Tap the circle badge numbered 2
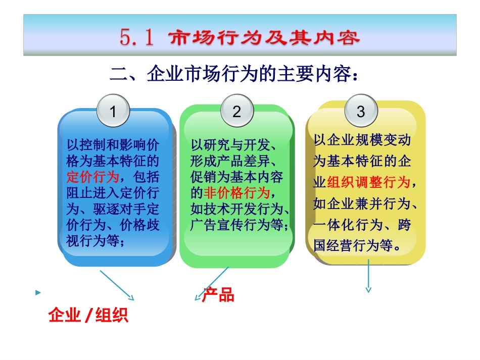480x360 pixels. coord(236,112)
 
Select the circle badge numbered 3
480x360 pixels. coord(360,112)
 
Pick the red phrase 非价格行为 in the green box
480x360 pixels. coord(237,192)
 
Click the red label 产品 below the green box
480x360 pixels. coord(218,295)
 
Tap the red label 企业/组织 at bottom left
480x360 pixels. coord(88,315)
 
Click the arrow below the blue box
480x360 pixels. coord(117,285)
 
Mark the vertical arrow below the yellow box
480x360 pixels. coord(368,276)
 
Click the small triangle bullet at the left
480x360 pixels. coord(37,293)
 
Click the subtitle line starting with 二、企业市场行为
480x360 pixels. coord(236,75)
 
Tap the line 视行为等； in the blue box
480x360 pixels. coord(95,240)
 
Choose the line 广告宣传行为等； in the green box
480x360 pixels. coord(240,224)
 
